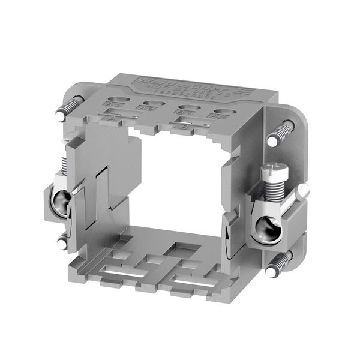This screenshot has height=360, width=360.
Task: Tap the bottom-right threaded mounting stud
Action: coord(281,265)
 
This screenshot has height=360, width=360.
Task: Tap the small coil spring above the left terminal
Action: coord(64,162)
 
